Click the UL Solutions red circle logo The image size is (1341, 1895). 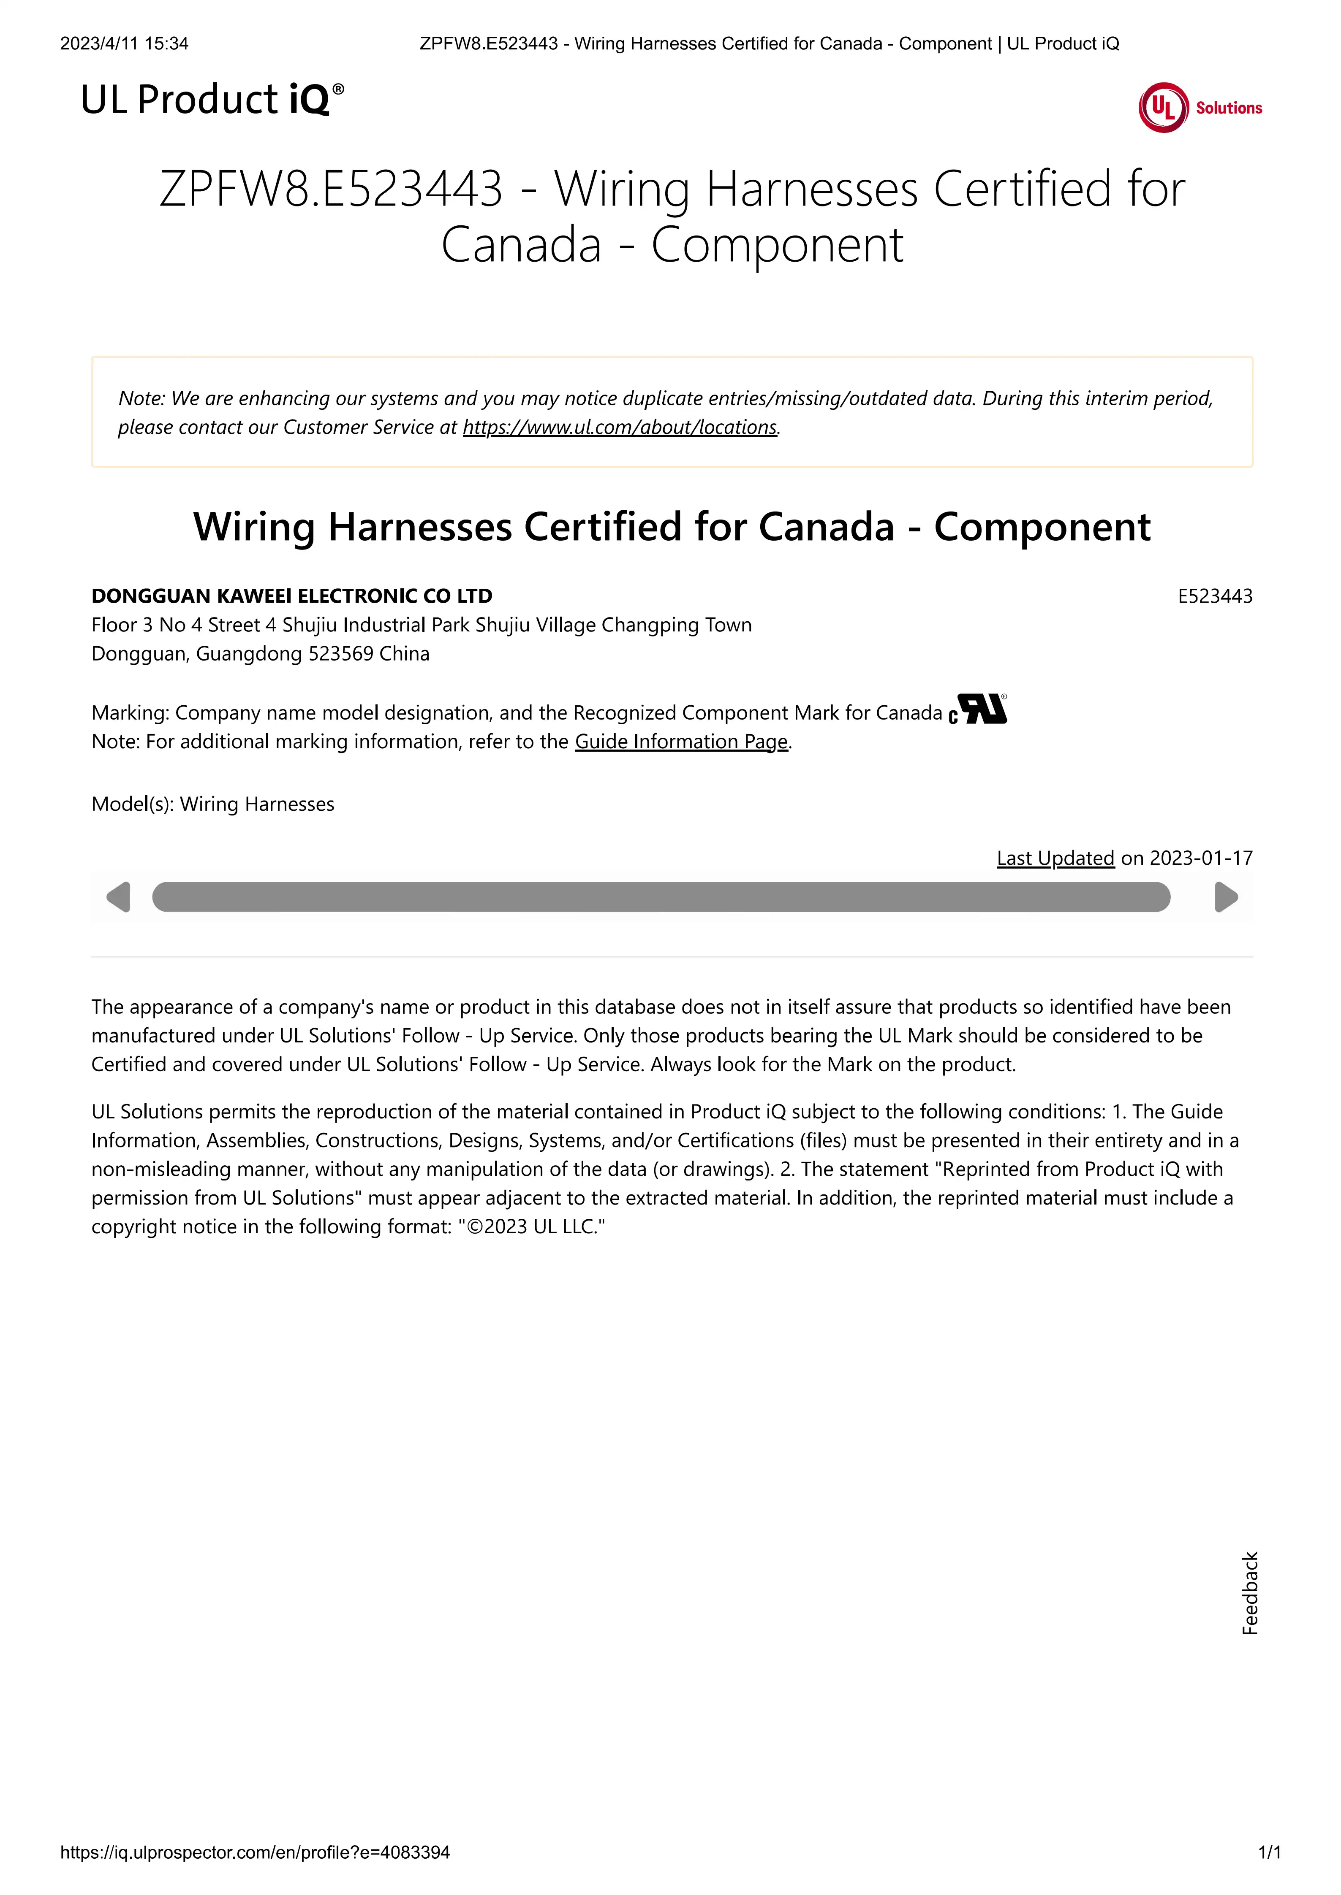point(1164,107)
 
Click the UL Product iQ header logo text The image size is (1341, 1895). point(211,100)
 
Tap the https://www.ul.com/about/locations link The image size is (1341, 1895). point(619,428)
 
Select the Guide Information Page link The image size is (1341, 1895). point(681,742)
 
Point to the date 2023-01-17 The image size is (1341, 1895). point(1201,858)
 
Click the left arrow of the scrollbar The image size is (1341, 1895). point(119,897)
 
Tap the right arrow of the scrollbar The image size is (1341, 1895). point(1226,897)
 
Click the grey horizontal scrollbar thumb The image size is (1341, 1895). point(661,897)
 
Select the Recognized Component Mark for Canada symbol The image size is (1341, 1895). point(979,710)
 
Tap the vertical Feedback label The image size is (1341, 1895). point(1250,1593)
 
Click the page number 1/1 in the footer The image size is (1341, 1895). point(1269,1853)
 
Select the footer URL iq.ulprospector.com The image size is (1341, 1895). point(255,1853)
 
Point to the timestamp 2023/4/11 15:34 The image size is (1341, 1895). point(124,44)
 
